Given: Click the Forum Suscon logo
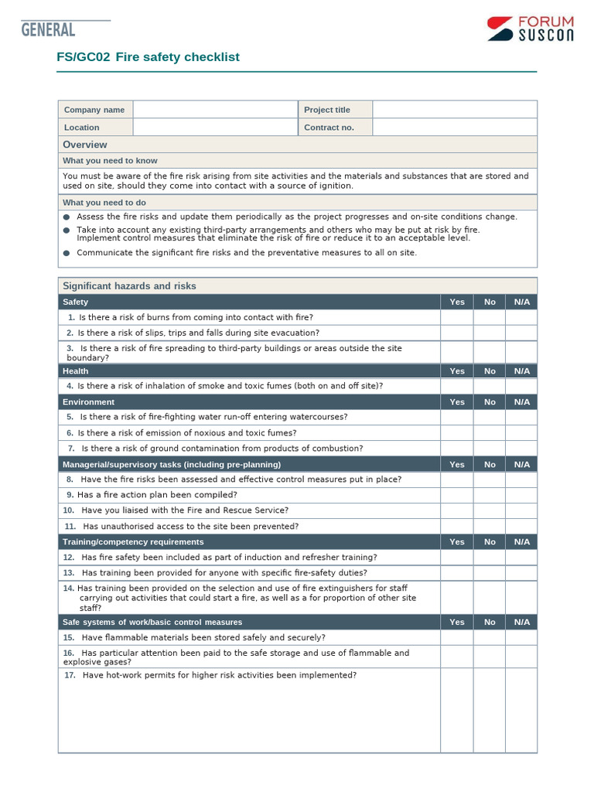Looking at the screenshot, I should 530,29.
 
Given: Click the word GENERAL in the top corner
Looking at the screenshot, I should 48,30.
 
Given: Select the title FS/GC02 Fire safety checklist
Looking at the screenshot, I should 148,57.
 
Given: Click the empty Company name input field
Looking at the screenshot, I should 215,110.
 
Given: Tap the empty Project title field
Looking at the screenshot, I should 454,110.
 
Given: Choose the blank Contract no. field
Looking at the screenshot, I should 454,128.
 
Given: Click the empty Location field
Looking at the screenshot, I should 215,128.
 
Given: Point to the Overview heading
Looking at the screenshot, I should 85,145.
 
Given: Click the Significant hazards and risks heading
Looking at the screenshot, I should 129,286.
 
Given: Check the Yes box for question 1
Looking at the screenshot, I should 457,317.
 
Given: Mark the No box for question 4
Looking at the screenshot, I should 490,386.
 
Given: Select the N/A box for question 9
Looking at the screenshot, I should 521,495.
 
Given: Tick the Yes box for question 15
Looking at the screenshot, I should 457,638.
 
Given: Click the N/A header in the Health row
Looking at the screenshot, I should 521,371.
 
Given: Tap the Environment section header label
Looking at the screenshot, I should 88,402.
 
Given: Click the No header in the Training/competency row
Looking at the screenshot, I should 490,542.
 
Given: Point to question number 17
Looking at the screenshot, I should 70,675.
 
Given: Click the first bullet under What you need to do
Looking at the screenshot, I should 67,217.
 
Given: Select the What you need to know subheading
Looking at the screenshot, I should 110,161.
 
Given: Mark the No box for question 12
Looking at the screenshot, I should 490,558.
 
